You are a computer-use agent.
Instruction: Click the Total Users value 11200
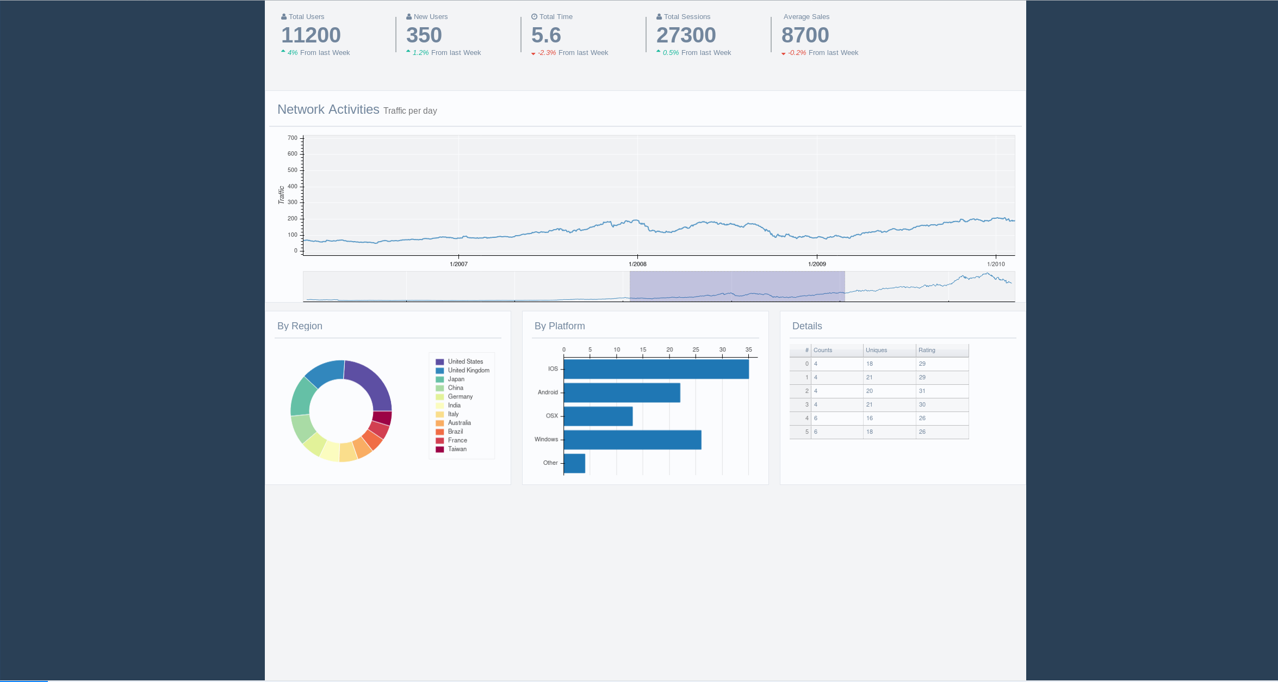click(x=311, y=35)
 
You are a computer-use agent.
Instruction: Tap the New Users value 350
click(x=424, y=35)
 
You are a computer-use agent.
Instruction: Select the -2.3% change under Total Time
click(x=547, y=53)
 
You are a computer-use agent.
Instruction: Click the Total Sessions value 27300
click(x=686, y=35)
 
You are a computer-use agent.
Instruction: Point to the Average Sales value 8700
click(x=805, y=35)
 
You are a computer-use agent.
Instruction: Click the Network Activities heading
click(x=328, y=109)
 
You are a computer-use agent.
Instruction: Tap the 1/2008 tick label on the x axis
click(x=637, y=264)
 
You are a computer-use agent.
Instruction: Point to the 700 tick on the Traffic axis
click(x=293, y=138)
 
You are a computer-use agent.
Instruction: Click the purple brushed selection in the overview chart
click(x=737, y=286)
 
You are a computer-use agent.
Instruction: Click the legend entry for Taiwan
click(x=457, y=449)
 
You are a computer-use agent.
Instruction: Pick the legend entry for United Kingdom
click(x=468, y=370)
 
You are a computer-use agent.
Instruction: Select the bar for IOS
click(x=656, y=369)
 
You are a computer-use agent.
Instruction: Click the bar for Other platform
click(x=574, y=463)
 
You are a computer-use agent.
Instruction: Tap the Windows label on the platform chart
click(x=546, y=439)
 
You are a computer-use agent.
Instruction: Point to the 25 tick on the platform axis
click(x=696, y=349)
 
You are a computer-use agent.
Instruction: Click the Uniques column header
click(x=876, y=350)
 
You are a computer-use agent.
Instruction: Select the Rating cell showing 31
click(x=922, y=391)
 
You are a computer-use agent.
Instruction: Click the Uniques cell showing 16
click(x=870, y=418)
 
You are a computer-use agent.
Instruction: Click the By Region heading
click(x=300, y=326)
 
